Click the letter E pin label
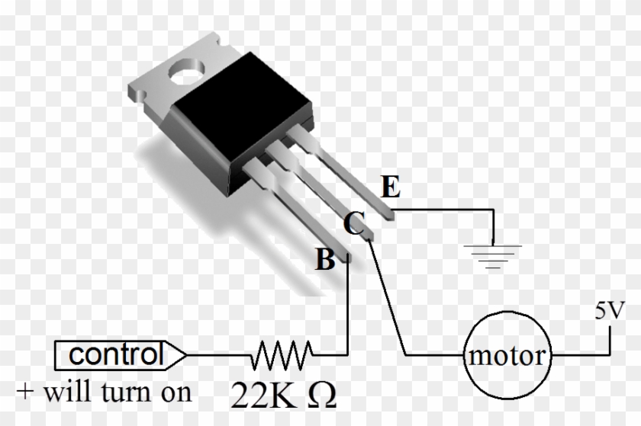pyautogui.click(x=388, y=187)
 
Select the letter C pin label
pyautogui.click(x=353, y=224)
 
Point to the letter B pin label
pyautogui.click(x=325, y=261)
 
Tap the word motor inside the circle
pyautogui.click(x=508, y=356)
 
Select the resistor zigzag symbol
pyautogui.click(x=282, y=354)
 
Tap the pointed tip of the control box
pyautogui.click(x=182, y=354)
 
